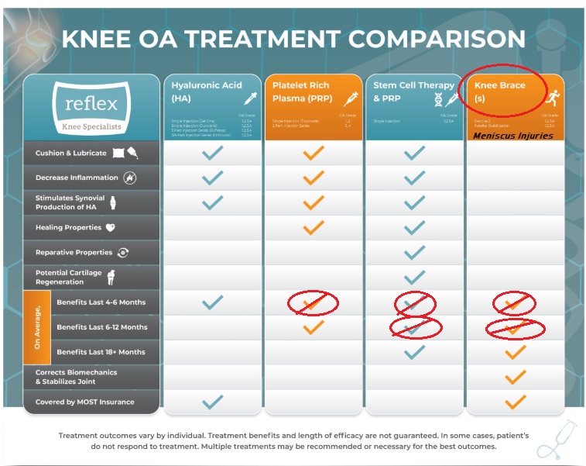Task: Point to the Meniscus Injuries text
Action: click(x=513, y=136)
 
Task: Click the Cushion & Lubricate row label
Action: click(x=70, y=153)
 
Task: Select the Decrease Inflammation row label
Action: click(x=77, y=178)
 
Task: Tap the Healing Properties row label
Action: click(x=68, y=228)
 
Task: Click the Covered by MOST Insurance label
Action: click(x=84, y=402)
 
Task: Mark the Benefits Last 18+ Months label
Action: click(x=101, y=352)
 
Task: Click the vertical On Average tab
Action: click(x=37, y=327)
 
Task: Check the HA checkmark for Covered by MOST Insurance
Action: click(x=211, y=402)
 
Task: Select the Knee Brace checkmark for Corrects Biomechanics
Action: click(x=515, y=377)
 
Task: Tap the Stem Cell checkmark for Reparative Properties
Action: click(x=414, y=253)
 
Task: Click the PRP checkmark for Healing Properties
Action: click(x=313, y=228)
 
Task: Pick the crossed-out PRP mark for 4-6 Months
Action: click(x=313, y=303)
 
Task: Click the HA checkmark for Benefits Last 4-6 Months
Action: click(x=211, y=302)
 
